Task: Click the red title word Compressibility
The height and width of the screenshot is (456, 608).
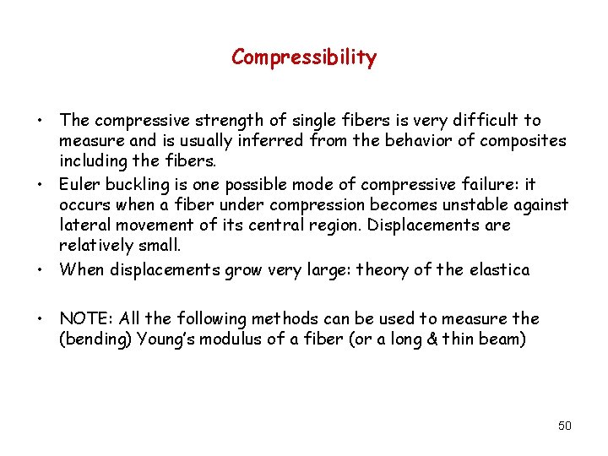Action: (x=304, y=57)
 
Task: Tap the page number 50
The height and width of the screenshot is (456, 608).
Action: (x=565, y=426)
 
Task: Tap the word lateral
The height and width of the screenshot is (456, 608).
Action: (x=84, y=226)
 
